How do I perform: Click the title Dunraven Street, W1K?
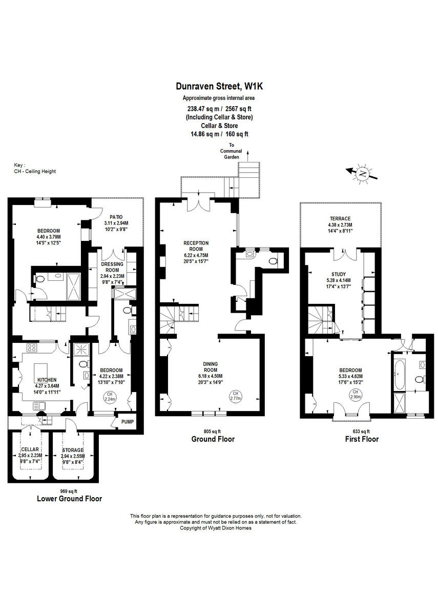tap(219, 88)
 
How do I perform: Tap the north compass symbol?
tap(363, 174)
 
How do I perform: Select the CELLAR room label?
tap(30, 449)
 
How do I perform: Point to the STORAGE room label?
tap(72, 449)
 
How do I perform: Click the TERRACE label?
tap(340, 219)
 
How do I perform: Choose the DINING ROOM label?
tap(211, 366)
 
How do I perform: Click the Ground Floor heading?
tap(213, 439)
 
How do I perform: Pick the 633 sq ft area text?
tap(361, 431)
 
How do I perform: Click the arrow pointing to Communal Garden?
tap(247, 154)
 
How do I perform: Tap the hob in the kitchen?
tap(31, 348)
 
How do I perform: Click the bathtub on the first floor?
tap(399, 374)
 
